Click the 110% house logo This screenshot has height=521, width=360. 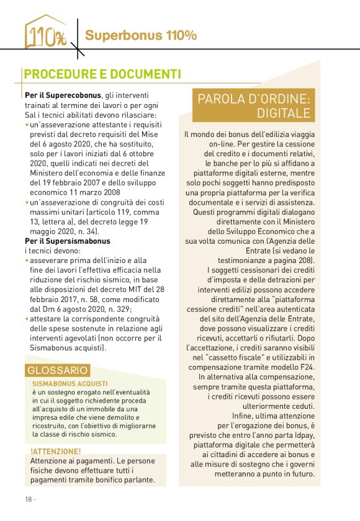[x=45, y=33]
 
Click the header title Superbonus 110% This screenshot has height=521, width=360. [x=141, y=35]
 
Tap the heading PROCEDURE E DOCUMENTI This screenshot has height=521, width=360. [x=102, y=74]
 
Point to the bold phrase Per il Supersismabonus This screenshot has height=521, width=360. [x=68, y=240]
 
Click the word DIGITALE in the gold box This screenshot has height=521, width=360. [x=286, y=113]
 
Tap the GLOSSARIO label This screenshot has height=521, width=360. [x=58, y=370]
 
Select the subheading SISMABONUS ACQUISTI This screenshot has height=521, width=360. [x=70, y=384]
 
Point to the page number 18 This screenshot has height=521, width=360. [x=29, y=499]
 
